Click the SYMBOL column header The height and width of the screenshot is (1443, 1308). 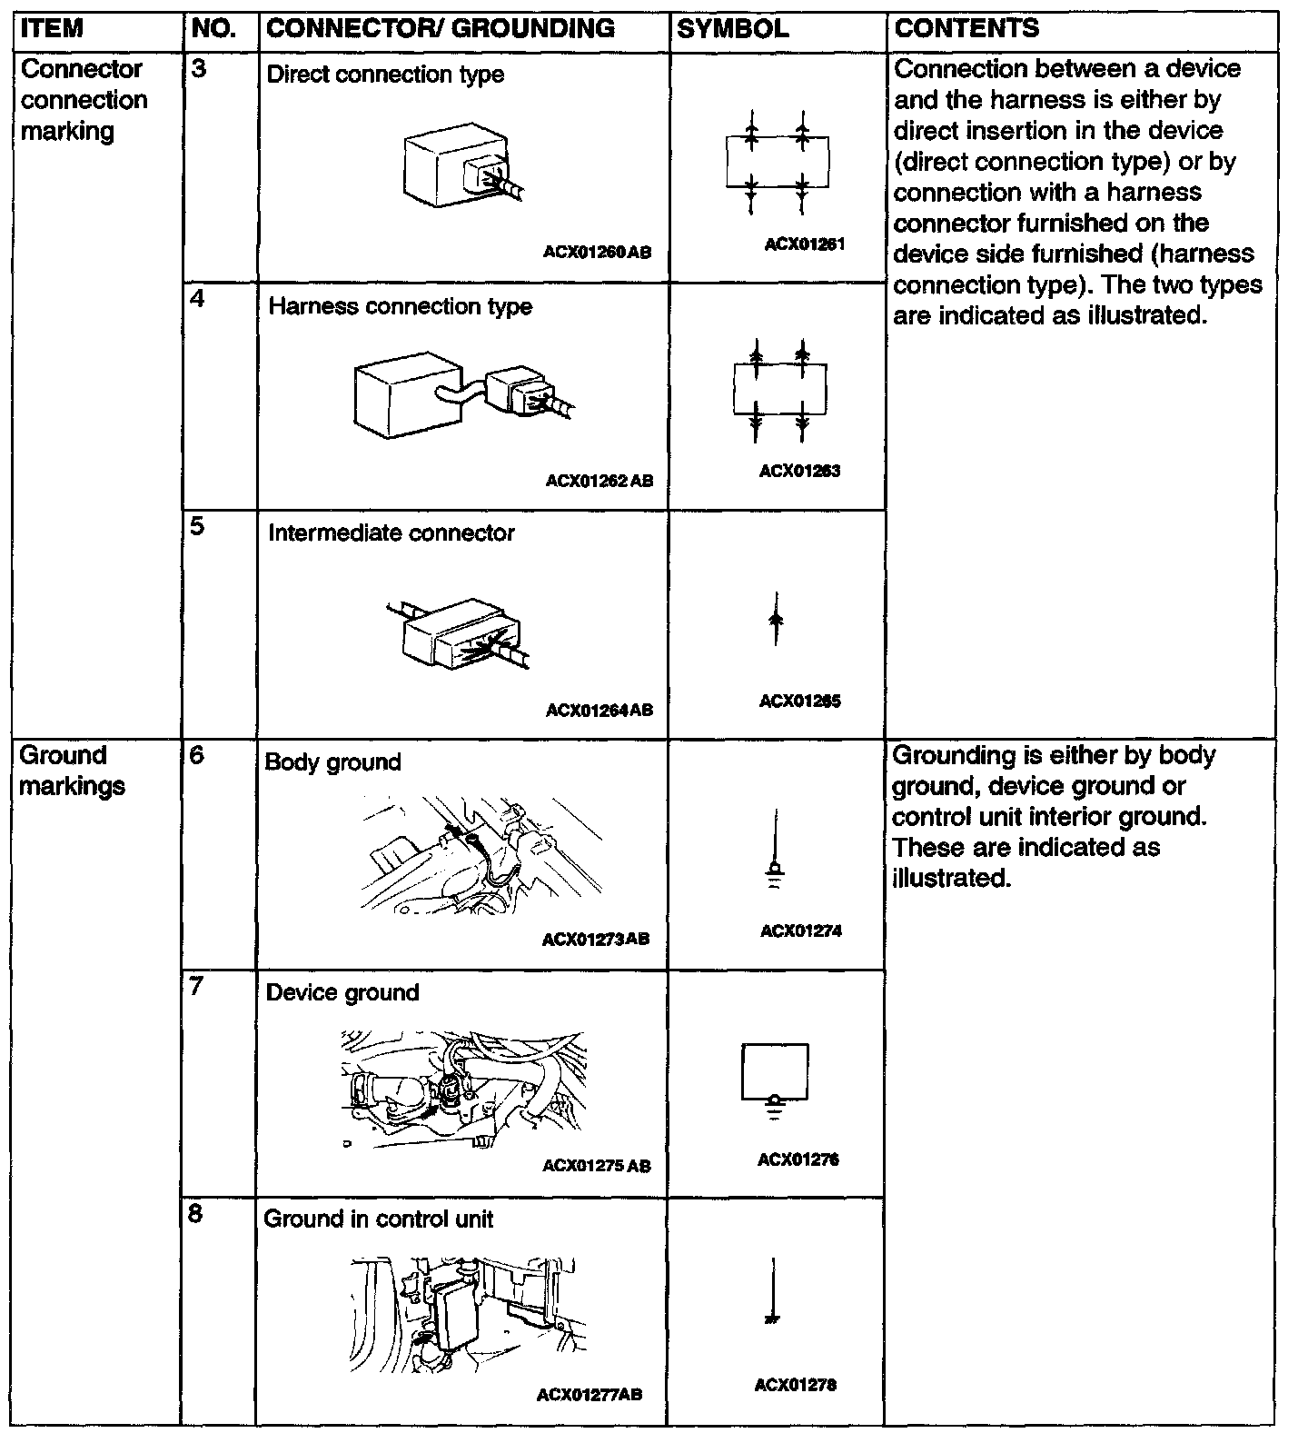(x=732, y=29)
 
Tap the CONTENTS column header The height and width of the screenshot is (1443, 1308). (x=966, y=29)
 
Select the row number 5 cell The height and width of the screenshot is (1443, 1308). (x=197, y=527)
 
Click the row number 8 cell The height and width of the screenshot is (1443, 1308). (x=196, y=1214)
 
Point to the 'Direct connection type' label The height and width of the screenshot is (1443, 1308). (x=385, y=75)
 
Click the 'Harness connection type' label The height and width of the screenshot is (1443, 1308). (x=400, y=307)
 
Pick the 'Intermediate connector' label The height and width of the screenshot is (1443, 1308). (x=391, y=533)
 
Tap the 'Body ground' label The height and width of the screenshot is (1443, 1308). (x=332, y=762)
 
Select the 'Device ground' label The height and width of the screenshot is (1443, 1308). (x=342, y=992)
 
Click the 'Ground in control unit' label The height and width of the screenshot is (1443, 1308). (x=378, y=1219)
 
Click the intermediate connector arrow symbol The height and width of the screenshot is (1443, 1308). (x=775, y=620)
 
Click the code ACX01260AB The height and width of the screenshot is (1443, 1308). (x=597, y=253)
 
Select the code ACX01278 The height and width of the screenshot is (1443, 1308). (x=795, y=1385)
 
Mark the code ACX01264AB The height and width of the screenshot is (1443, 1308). (x=599, y=711)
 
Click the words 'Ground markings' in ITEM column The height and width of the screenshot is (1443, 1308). (x=72, y=771)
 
